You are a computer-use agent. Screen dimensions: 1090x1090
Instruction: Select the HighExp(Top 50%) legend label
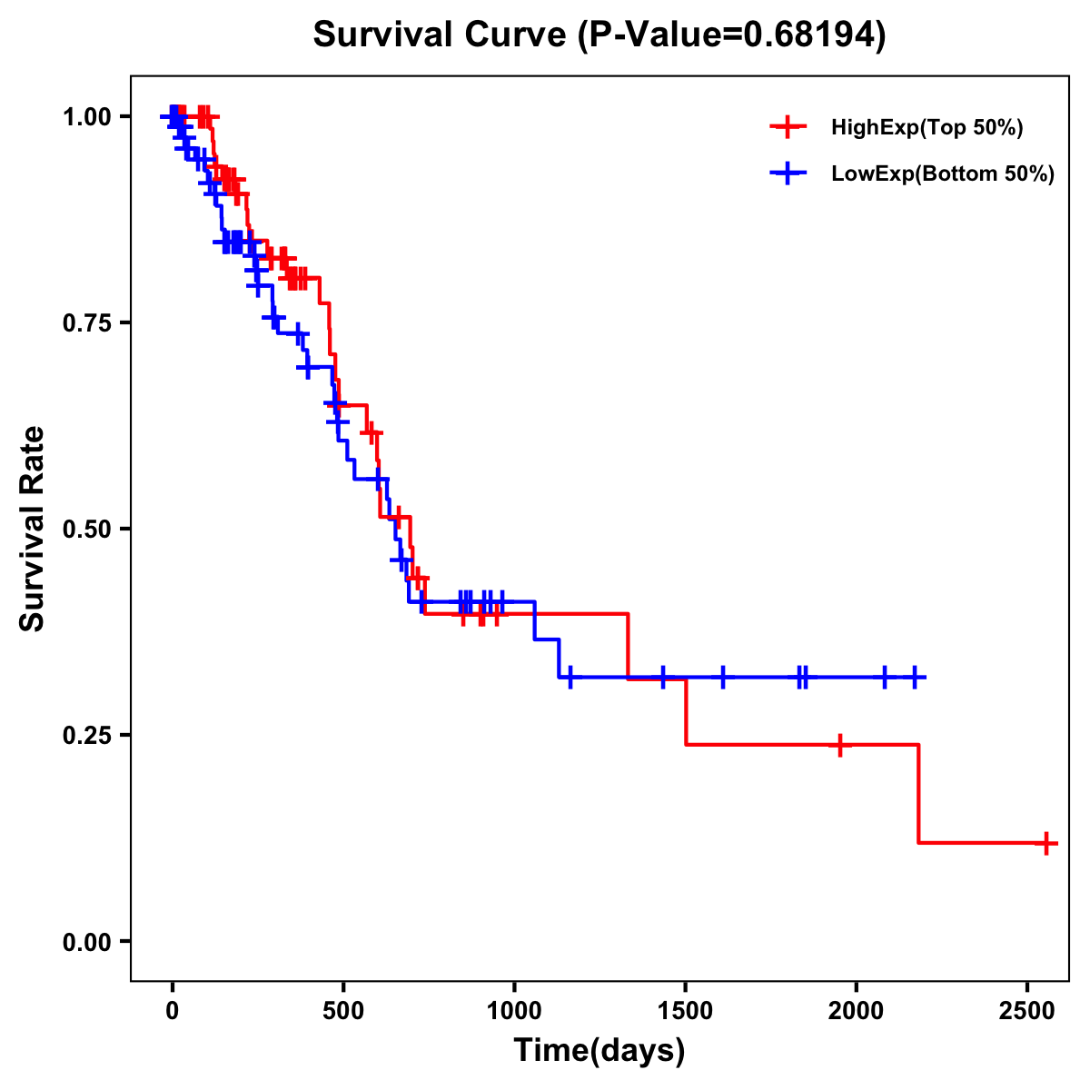tap(926, 128)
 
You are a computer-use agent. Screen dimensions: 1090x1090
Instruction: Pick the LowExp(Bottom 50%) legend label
tap(943, 174)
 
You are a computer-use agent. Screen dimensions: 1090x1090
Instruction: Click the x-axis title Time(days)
tap(599, 1051)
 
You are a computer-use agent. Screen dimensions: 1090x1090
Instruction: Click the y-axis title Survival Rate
tap(33, 529)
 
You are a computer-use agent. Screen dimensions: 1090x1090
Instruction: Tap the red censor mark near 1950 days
tap(840, 745)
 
